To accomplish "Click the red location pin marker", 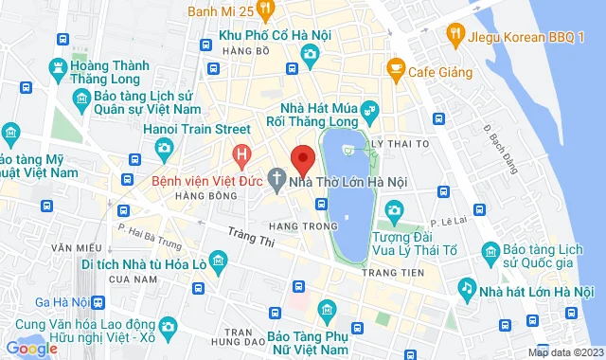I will click(x=302, y=158).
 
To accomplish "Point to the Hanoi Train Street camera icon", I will click(x=164, y=148).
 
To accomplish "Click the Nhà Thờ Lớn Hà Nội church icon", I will click(x=276, y=176).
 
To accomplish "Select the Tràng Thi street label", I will click(x=250, y=236).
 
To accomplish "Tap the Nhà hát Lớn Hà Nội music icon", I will click(x=465, y=286).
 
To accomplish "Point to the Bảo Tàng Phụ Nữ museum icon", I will click(x=327, y=310).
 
